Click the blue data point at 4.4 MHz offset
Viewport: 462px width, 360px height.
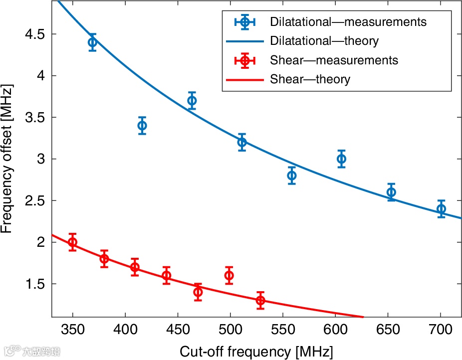92,42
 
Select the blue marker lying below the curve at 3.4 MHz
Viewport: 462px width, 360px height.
142,126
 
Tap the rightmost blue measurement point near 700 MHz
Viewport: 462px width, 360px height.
441,209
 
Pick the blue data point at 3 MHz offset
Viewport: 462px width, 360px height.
341,159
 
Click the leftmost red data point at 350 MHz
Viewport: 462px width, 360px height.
72,242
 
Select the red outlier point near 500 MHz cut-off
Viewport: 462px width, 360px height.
229,275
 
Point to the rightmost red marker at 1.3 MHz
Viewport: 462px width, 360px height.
260,300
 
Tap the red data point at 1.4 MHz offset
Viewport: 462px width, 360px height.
198,292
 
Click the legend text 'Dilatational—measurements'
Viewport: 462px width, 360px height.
348,22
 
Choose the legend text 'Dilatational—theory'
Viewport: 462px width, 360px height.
324,41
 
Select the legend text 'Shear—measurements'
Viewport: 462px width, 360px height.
334,60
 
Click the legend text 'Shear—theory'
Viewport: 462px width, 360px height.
310,79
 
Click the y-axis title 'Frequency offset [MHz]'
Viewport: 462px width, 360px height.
7,159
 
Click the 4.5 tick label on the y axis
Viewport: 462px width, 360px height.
34,34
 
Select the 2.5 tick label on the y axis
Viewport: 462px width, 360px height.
34,201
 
